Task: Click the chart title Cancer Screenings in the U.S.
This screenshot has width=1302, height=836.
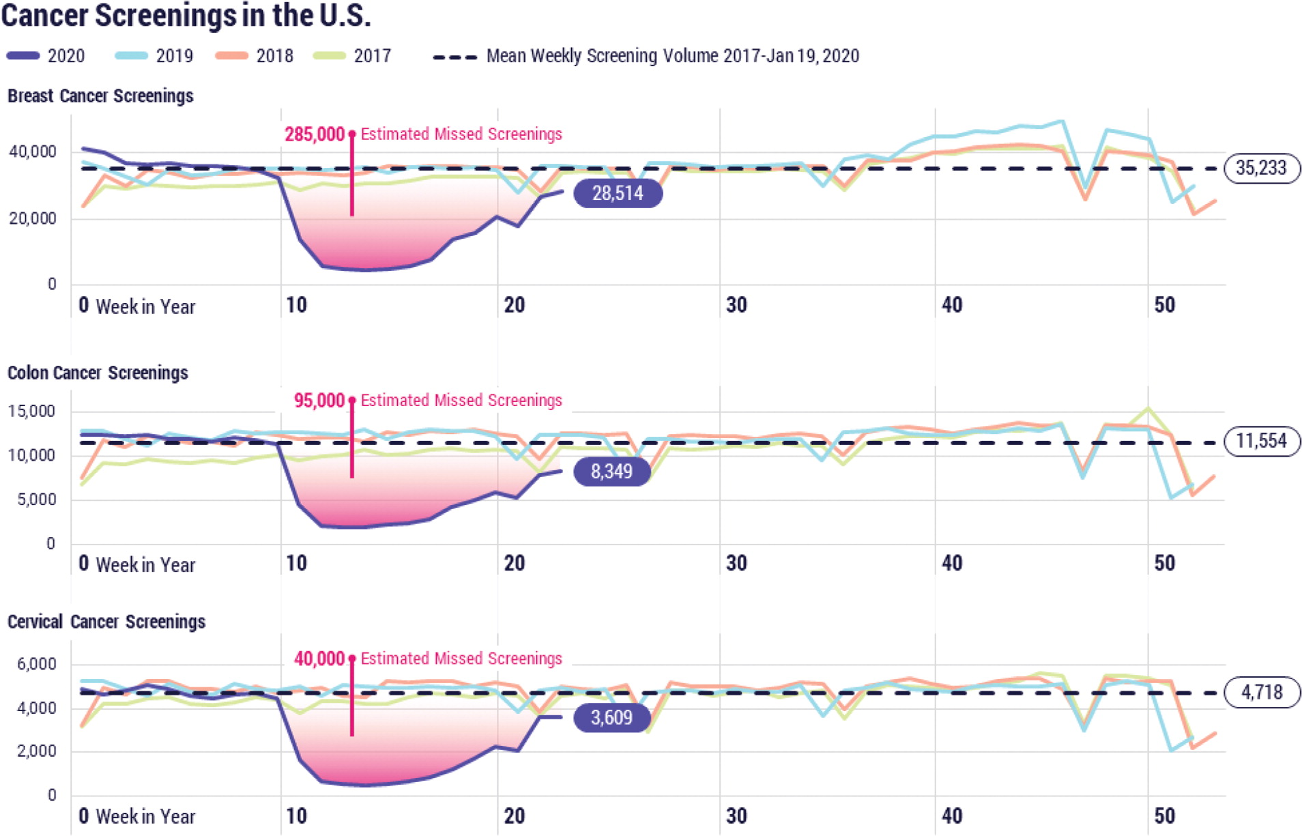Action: pyautogui.click(x=186, y=16)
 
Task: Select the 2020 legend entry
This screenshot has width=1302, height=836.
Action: pyautogui.click(x=46, y=56)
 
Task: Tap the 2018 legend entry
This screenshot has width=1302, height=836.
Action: pyautogui.click(x=255, y=56)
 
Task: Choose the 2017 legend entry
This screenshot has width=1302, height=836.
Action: pyautogui.click(x=352, y=56)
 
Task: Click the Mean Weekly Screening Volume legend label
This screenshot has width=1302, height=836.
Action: pyautogui.click(x=672, y=56)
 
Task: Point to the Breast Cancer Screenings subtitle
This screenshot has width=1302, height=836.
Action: pyautogui.click(x=100, y=96)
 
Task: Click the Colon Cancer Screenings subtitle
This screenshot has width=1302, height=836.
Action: pyautogui.click(x=98, y=373)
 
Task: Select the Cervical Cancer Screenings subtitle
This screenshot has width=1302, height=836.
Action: pyautogui.click(x=106, y=622)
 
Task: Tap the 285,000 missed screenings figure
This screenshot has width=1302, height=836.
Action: pyautogui.click(x=315, y=134)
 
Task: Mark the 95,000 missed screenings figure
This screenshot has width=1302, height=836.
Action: pyautogui.click(x=319, y=401)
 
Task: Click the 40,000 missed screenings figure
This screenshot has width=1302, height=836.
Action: pyautogui.click(x=319, y=659)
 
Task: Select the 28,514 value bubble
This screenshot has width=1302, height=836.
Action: pyautogui.click(x=618, y=194)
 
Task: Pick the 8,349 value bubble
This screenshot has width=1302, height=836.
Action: pyautogui.click(x=611, y=472)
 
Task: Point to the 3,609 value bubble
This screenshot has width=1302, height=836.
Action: pyautogui.click(x=611, y=718)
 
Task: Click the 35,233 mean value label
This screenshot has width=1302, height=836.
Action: pyautogui.click(x=1260, y=168)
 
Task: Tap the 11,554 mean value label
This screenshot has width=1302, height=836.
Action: pyautogui.click(x=1260, y=441)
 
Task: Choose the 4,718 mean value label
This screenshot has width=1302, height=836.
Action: pyautogui.click(x=1261, y=693)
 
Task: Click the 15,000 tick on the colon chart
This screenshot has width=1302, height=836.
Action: pyautogui.click(x=31, y=412)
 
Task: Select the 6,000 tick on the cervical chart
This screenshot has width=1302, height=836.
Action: pyautogui.click(x=36, y=664)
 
